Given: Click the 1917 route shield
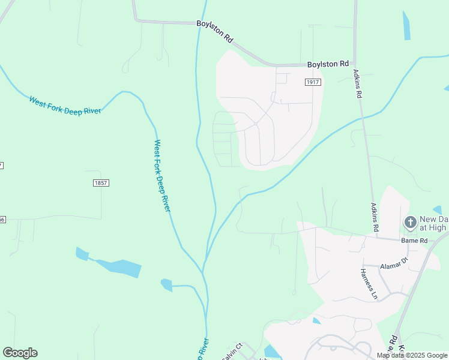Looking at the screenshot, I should [312, 82].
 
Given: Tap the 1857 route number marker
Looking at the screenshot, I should [101, 182].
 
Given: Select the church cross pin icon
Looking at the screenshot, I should [410, 223].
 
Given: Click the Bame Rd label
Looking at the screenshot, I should [415, 241].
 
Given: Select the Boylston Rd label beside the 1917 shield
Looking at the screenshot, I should [328, 64].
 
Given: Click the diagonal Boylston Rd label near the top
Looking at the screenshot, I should [215, 31].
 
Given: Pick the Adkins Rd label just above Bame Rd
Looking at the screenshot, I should [375, 217].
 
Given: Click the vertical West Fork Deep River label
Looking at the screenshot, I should [162, 175].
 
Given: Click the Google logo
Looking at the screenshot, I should [20, 353].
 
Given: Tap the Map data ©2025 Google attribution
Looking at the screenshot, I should [412, 355].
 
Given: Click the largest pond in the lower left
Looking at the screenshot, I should [118, 267].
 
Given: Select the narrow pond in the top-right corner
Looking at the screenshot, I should [406, 26].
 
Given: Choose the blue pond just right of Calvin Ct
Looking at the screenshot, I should [273, 352].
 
